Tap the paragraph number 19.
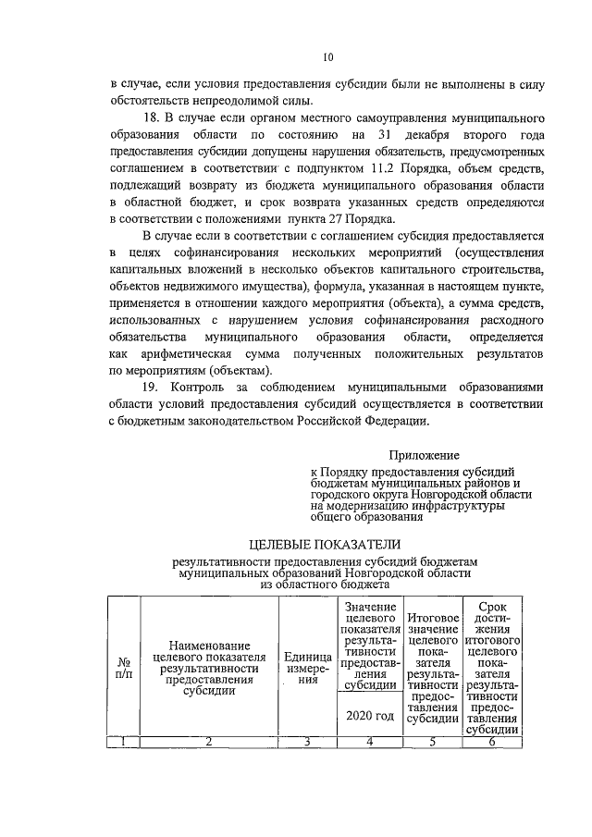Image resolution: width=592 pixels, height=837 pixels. point(155,388)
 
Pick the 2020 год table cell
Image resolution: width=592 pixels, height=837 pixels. point(369,716)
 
